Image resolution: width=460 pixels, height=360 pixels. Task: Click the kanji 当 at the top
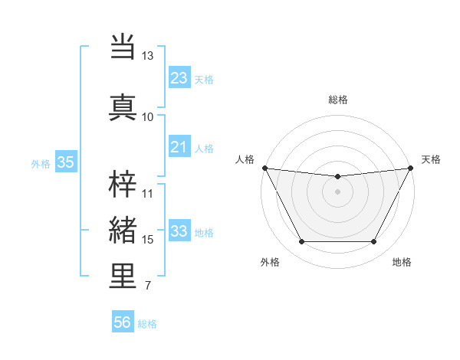point(123,46)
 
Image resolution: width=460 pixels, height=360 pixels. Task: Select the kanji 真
point(123,106)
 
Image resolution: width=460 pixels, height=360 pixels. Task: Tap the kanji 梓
point(123,182)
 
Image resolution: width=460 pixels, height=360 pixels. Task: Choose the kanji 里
point(123,276)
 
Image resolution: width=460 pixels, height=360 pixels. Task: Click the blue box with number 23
point(179,77)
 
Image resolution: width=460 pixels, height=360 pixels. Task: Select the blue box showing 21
point(179,147)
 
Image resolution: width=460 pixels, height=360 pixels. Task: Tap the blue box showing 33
point(179,231)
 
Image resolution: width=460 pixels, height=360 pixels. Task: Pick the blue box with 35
point(65,162)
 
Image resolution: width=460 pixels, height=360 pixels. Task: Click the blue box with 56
point(123,322)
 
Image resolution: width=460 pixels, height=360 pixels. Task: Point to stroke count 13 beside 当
point(148,56)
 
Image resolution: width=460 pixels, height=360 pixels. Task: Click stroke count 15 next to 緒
point(148,240)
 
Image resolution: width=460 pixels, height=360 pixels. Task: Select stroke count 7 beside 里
point(147,286)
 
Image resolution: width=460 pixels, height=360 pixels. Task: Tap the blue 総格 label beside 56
point(147,324)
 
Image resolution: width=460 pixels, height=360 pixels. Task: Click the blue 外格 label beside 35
point(41,163)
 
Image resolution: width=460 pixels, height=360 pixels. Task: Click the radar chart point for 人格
point(264,168)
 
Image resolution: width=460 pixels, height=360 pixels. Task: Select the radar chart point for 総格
point(338,177)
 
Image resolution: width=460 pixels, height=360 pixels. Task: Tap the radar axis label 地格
point(402,262)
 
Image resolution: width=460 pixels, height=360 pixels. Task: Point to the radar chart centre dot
point(338,191)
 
